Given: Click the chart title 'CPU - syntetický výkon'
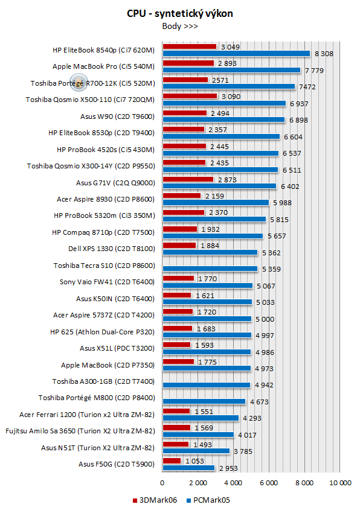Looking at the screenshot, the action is point(180,13).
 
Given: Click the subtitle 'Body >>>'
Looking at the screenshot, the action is point(180,26).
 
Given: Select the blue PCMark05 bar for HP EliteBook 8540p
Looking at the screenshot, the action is point(236,53).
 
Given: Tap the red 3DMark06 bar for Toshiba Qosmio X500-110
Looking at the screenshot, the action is point(190,96).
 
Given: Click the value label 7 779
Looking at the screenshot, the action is point(314,71).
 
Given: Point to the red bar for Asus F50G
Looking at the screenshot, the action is point(172,460).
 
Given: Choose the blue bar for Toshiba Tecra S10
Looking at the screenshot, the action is point(210,269).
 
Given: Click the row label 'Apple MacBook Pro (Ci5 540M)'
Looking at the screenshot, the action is point(103,66).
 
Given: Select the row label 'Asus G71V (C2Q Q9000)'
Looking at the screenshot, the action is point(115,183).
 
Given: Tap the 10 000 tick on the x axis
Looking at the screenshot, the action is point(340,483).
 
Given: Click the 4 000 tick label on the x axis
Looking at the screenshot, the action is point(233,483).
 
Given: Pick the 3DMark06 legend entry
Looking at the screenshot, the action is point(155,500).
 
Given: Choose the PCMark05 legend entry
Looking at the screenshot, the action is point(208,500).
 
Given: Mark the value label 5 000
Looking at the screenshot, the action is point(265,319).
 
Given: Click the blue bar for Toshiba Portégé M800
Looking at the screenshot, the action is point(204,401).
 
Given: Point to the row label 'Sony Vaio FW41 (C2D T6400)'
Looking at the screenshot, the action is point(107,282).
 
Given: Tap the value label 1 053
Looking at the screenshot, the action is point(194,461).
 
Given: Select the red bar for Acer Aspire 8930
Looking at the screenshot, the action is point(182,196).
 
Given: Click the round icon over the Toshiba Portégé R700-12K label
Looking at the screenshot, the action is point(79,82).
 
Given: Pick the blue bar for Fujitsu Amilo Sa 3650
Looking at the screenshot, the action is point(199,435).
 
